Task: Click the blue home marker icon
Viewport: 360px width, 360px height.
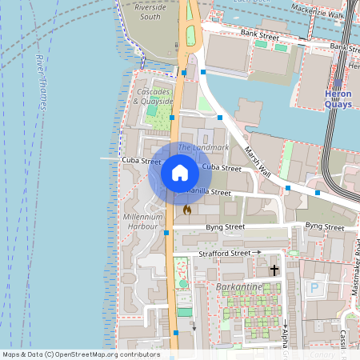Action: click(180, 172)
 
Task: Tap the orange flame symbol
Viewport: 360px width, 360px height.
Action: click(187, 210)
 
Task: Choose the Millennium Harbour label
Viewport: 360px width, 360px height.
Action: click(143, 222)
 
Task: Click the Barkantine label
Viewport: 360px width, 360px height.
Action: click(239, 285)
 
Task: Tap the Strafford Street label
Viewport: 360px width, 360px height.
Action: click(225, 253)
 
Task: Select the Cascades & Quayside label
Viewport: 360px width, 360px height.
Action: click(153, 97)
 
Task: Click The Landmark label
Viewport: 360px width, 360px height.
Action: click(203, 148)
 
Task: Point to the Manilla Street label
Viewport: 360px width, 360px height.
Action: click(208, 193)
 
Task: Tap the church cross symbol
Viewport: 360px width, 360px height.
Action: click(274, 270)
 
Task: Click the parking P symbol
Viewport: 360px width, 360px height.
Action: click(314, 287)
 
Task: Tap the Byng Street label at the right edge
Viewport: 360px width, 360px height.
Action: click(324, 227)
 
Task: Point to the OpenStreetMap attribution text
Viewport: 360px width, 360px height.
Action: click(81, 354)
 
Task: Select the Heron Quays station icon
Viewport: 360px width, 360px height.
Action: click(338, 82)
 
